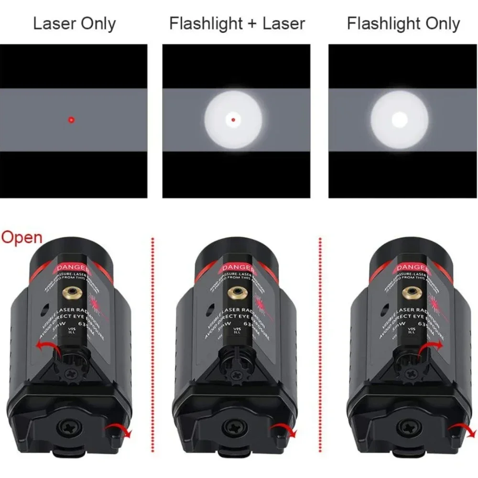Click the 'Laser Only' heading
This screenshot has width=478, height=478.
point(74,24)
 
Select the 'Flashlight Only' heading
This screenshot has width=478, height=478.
point(403,24)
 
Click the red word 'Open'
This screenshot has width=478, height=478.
point(22,238)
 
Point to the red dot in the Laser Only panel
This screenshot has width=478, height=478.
point(71,119)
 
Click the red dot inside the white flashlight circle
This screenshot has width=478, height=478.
point(233,119)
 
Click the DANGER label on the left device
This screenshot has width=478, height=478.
point(73,266)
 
